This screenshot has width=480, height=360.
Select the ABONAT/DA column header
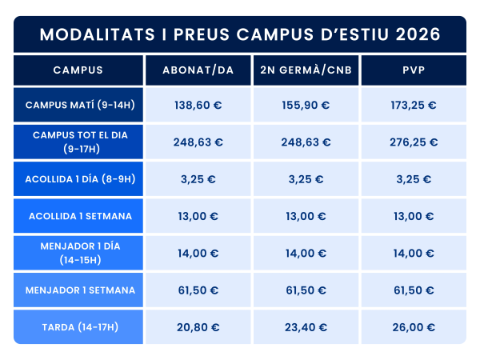tap(198, 70)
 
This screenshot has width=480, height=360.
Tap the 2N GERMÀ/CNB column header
tap(306, 70)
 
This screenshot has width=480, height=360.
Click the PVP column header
tap(414, 70)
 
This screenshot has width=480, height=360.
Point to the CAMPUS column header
tap(78, 70)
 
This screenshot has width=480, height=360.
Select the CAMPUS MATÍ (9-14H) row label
tap(78, 105)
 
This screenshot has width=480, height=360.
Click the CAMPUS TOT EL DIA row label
tap(78, 142)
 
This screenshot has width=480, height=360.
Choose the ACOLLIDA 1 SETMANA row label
tap(78, 216)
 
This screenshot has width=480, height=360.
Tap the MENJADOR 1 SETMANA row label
tap(78, 290)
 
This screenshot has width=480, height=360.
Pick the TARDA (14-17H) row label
tap(78, 326)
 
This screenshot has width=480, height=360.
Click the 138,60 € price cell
tap(198, 105)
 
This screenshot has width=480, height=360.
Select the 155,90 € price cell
tap(306, 105)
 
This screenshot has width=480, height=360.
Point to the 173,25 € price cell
tap(414, 105)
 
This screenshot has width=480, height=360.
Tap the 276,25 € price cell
tap(414, 142)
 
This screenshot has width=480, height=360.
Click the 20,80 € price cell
tap(198, 326)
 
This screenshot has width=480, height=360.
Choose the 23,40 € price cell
tap(306, 326)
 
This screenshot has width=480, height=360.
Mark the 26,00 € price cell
tap(414, 326)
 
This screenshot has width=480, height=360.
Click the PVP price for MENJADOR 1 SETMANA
tap(414, 290)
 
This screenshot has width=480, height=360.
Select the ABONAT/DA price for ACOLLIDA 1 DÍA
tap(198, 179)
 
